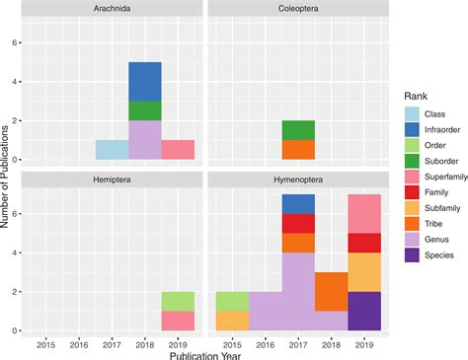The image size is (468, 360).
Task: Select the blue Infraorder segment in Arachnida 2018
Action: tap(145, 81)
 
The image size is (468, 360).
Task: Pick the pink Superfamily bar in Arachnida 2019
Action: tap(179, 149)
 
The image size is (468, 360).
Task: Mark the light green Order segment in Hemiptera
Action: tap(179, 301)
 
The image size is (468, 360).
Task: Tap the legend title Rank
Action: tap(419, 95)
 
